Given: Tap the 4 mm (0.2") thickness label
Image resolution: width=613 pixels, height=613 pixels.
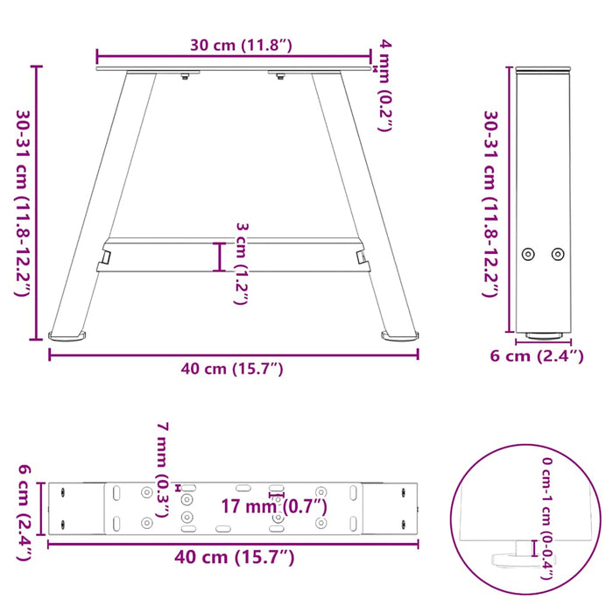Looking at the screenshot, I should (x=384, y=85).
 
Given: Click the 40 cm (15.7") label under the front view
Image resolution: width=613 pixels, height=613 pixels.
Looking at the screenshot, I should (x=232, y=370).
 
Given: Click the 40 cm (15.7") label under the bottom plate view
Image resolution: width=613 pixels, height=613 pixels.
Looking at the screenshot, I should (x=232, y=558).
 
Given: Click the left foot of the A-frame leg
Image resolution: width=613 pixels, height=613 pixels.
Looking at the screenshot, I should (x=68, y=335).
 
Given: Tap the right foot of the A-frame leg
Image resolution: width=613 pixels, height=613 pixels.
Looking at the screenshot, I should (x=402, y=334).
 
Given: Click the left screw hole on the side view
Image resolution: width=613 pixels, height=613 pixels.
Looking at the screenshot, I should (x=527, y=254).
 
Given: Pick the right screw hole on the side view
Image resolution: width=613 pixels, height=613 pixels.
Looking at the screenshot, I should (x=558, y=254).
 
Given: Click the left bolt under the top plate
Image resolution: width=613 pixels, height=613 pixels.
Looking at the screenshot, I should (x=185, y=80).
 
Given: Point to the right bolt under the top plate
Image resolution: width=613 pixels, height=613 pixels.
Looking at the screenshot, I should (x=279, y=80).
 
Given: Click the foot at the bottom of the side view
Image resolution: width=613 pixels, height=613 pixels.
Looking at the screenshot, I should (x=543, y=334).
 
